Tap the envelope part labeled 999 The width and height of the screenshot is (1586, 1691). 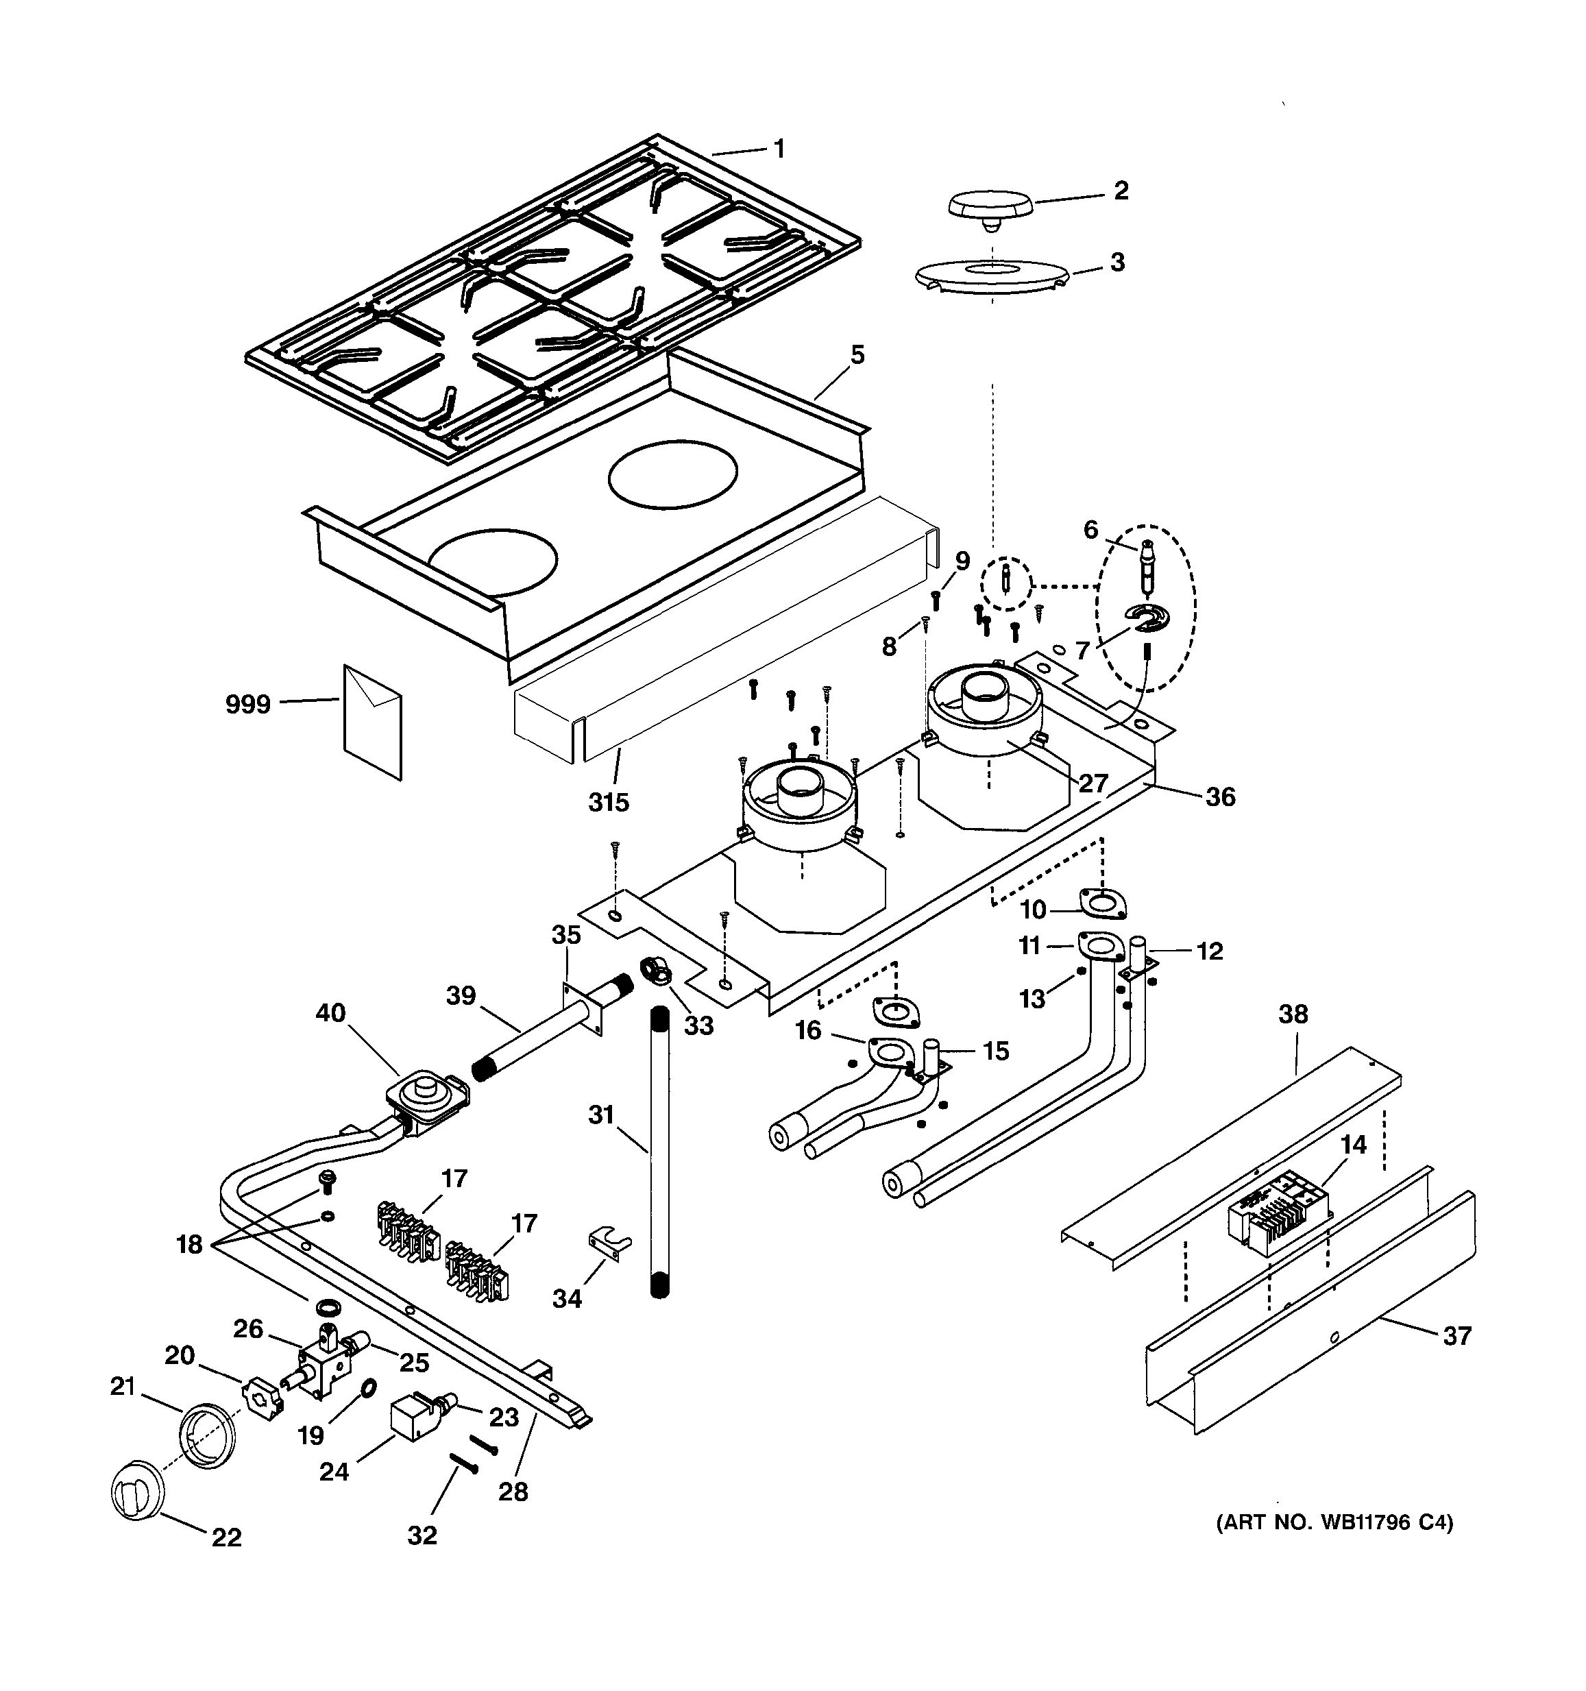tap(371, 720)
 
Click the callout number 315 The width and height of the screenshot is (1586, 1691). tap(609, 802)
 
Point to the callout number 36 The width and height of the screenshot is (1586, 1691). tap(1220, 797)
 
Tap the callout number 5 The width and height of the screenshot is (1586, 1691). tap(857, 354)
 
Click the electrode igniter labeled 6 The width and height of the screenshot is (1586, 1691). tap(1148, 566)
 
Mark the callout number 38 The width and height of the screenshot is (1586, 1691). tap(1293, 1014)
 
